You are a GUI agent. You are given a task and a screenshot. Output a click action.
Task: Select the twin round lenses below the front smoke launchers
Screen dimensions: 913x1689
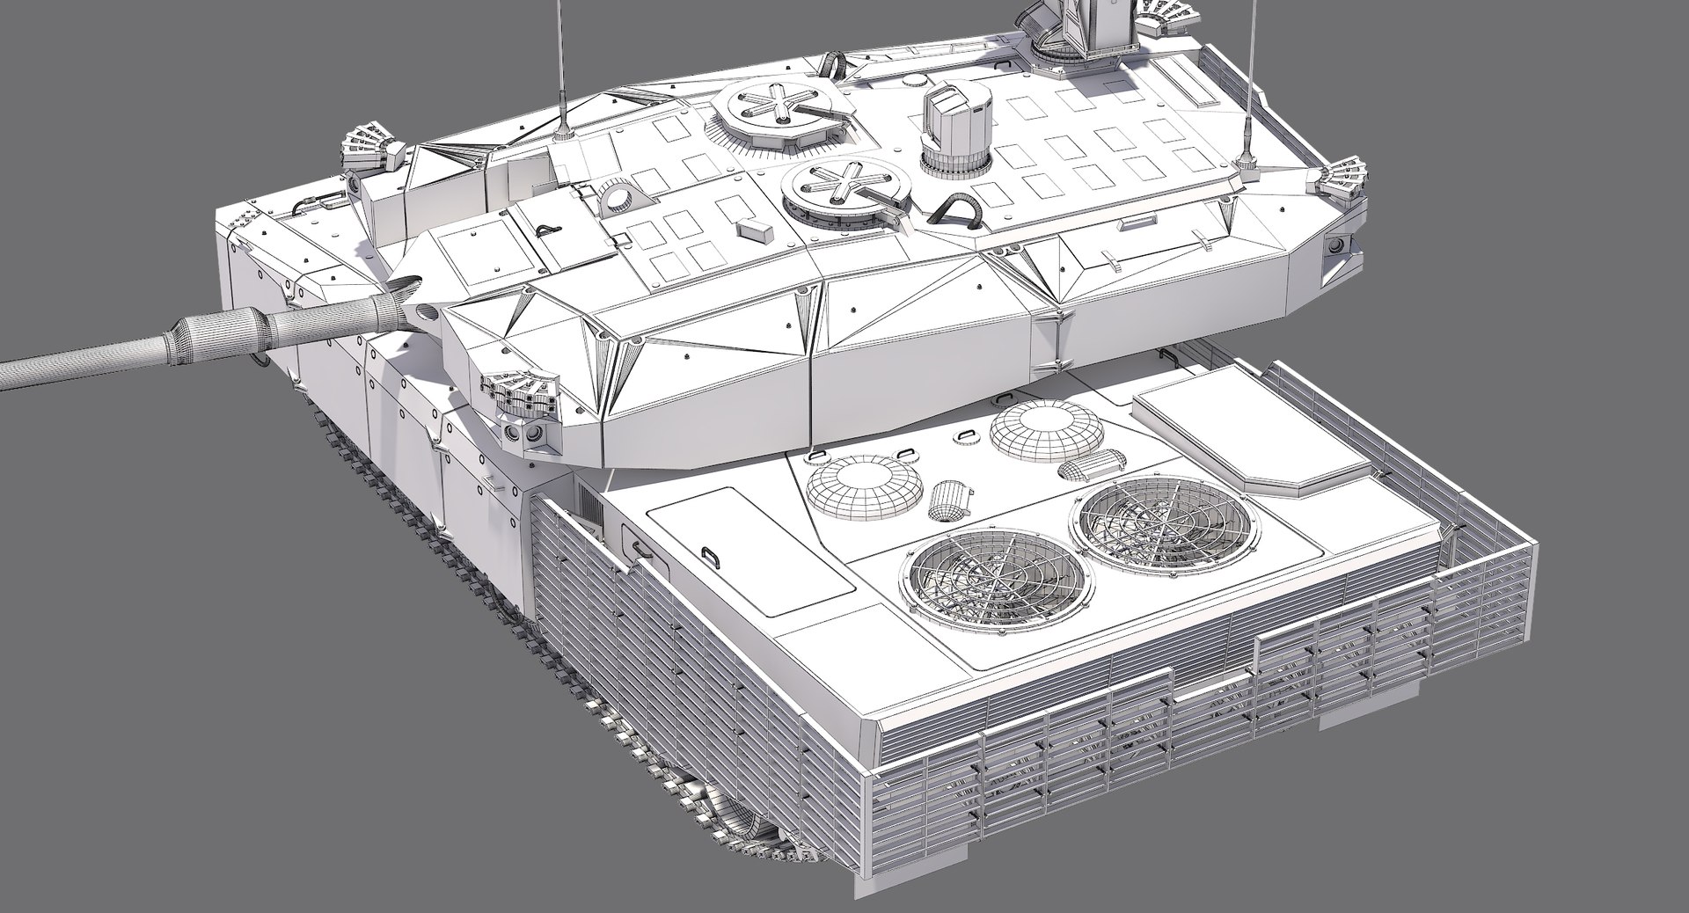point(523,435)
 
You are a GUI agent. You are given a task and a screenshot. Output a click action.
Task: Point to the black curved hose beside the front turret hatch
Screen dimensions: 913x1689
point(956,210)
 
